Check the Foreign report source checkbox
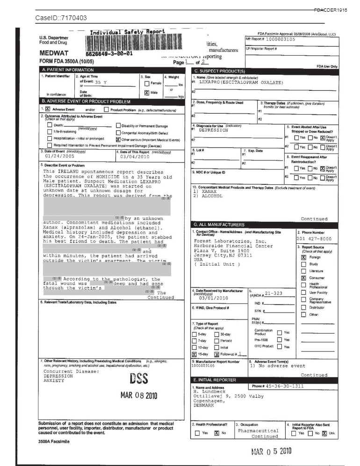(x=303, y=257)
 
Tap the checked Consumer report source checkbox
(x=303, y=278)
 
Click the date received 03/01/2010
(x=213, y=298)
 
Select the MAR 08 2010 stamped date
(x=139, y=396)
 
